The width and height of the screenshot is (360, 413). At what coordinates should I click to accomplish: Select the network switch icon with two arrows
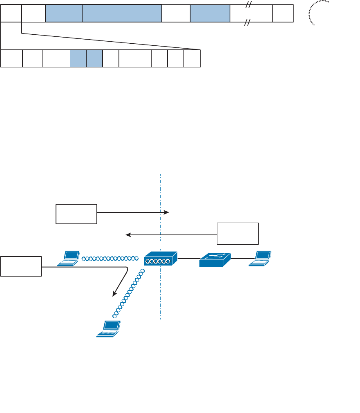pyautogui.click(x=215, y=259)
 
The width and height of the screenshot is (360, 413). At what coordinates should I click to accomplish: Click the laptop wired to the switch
pyautogui.click(x=260, y=259)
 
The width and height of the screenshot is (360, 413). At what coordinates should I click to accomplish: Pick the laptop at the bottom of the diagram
pyautogui.click(x=109, y=329)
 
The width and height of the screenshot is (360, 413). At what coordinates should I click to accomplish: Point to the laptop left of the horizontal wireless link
pyautogui.click(x=68, y=259)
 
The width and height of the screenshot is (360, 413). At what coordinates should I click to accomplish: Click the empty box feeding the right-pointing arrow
pyautogui.click(x=76, y=214)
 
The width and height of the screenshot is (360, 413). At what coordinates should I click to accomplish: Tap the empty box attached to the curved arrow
pyautogui.click(x=21, y=266)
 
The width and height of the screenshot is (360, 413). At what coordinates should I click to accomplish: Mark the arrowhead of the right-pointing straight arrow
pyautogui.click(x=167, y=212)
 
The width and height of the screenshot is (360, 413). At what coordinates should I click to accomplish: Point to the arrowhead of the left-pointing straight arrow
pyautogui.click(x=128, y=234)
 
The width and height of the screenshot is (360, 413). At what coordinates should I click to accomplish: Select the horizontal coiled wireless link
pyautogui.click(x=110, y=259)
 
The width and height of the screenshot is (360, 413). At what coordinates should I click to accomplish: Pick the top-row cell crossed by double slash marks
pyautogui.click(x=251, y=13)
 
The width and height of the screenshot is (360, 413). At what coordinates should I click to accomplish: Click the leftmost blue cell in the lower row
pyautogui.click(x=78, y=58)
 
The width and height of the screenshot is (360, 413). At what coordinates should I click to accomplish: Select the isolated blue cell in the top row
pyautogui.click(x=210, y=13)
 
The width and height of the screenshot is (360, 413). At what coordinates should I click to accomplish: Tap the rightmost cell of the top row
pyautogui.click(x=283, y=13)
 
